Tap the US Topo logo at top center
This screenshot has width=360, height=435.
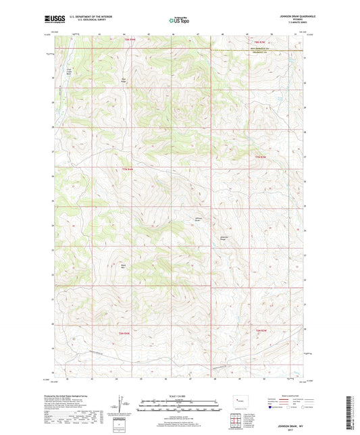(179, 20)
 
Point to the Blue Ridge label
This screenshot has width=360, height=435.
(124, 81)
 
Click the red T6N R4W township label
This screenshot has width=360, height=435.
(124, 332)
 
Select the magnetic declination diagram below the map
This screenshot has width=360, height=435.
(122, 405)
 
